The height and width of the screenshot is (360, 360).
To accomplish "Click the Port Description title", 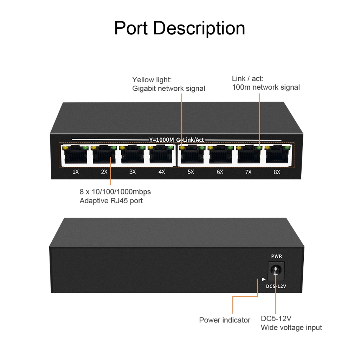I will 180,28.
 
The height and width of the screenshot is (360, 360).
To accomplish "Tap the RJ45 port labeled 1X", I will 75,155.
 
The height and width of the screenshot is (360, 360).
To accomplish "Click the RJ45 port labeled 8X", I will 277,155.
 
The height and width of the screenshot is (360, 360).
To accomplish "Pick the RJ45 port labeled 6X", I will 220,155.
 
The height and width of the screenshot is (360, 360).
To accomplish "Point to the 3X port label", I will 133,172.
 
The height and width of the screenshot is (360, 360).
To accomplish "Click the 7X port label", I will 248,172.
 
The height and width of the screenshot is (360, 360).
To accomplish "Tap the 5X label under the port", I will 191,172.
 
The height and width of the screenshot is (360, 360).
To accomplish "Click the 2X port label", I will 104,172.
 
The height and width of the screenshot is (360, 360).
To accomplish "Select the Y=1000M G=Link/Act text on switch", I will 176,140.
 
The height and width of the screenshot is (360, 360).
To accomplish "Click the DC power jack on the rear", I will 276,271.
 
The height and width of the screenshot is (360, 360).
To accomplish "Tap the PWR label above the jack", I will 276,256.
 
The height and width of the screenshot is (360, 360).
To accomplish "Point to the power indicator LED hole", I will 258,279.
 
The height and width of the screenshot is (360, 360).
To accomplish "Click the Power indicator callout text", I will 225,320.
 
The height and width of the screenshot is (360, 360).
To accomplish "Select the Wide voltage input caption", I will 291,328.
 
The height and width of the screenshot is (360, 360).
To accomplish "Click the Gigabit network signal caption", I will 169,88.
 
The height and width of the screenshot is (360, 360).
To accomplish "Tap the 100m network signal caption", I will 266,87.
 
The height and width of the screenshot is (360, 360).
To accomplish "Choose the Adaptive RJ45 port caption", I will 111,201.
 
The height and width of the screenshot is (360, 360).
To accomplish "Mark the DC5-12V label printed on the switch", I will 276,286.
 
